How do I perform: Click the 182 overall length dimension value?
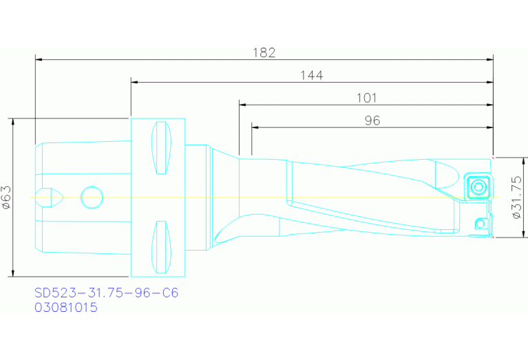point(264,52)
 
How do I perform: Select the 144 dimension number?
point(311,75)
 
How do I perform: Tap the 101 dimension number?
point(366,98)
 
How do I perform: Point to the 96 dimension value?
point(372,120)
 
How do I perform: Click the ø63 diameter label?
point(6,197)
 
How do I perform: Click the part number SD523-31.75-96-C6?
point(106,293)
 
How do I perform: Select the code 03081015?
point(66,308)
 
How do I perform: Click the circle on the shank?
point(91,198)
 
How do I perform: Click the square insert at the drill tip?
point(476,185)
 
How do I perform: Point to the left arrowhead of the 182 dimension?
point(39,60)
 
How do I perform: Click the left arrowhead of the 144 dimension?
point(134,83)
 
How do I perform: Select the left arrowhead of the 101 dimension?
point(242,105)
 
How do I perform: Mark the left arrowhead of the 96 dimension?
point(255,127)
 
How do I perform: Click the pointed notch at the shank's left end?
point(52,198)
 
